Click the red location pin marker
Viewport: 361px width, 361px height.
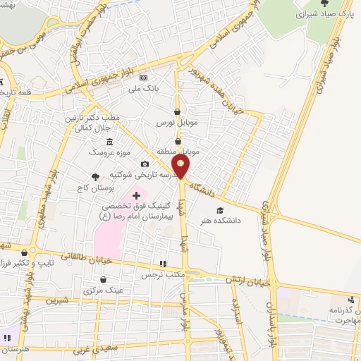[181, 167]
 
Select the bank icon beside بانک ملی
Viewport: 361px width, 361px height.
[144, 78]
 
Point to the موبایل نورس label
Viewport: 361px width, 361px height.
[175, 123]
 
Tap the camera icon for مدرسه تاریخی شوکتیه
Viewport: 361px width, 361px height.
[145, 164]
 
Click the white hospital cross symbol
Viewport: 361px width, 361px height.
[136, 194]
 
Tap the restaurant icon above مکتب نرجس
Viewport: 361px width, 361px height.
[164, 263]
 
